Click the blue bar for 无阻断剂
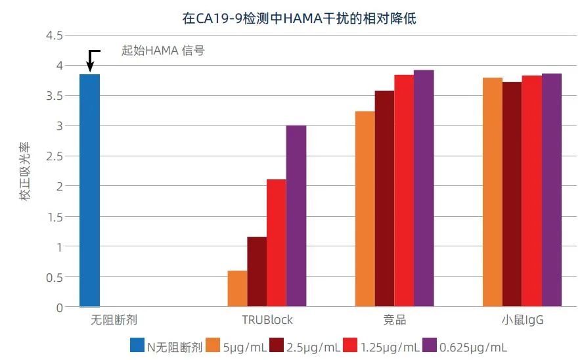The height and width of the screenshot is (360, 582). pos(89,191)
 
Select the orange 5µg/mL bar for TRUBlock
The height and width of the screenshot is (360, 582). pos(237,289)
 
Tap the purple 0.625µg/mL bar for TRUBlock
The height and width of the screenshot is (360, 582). pos(296,217)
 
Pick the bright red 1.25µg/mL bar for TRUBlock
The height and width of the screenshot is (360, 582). pos(276,243)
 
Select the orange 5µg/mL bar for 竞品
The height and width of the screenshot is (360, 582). pos(365,209)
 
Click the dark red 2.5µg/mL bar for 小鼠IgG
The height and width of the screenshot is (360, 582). pos(512,194)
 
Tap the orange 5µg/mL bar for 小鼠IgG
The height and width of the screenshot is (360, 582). pos(493,192)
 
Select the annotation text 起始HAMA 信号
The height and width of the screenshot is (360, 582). pos(163,50)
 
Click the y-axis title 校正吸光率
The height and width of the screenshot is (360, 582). pos(25,172)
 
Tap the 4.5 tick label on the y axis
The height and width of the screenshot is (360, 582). pos(54,35)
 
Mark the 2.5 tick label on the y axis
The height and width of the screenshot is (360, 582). pos(54,156)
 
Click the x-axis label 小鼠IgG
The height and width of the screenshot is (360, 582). pos(522,320)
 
